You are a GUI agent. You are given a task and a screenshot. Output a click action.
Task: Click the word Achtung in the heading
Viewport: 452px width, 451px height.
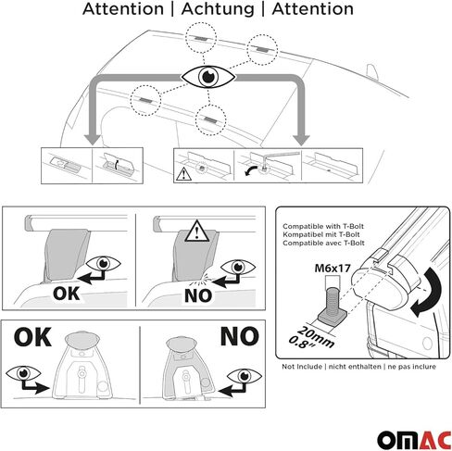click(218, 9)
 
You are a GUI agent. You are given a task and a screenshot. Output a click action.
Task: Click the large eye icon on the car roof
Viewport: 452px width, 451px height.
click(207, 77)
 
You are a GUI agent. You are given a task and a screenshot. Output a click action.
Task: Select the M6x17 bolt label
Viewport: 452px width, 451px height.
click(333, 268)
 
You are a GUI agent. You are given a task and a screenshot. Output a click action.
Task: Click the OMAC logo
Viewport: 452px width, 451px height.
click(414, 440)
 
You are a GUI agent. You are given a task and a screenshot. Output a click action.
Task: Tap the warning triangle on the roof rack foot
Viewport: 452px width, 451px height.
click(197, 232)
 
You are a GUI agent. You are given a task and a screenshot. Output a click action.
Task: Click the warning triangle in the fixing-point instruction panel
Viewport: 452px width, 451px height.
click(183, 174)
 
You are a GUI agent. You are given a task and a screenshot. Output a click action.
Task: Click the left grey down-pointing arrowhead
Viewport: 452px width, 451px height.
click(92, 140)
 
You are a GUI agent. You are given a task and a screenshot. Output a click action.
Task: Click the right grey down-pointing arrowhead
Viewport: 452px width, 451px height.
click(301, 140)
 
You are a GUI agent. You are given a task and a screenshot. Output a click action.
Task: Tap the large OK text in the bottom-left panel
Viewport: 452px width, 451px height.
click(32, 337)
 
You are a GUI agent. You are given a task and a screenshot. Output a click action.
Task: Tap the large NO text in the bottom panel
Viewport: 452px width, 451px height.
click(240, 336)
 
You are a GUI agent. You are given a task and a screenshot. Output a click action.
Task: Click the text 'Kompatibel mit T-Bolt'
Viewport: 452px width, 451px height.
click(321, 234)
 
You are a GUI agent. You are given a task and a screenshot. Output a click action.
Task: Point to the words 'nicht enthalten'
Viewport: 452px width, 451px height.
click(355, 367)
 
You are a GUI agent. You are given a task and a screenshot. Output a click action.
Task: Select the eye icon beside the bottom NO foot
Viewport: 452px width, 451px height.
click(245, 376)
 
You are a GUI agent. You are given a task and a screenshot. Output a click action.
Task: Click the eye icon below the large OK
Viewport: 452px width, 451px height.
click(23, 373)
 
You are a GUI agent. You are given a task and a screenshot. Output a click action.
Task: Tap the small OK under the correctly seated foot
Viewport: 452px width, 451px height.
click(66, 294)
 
